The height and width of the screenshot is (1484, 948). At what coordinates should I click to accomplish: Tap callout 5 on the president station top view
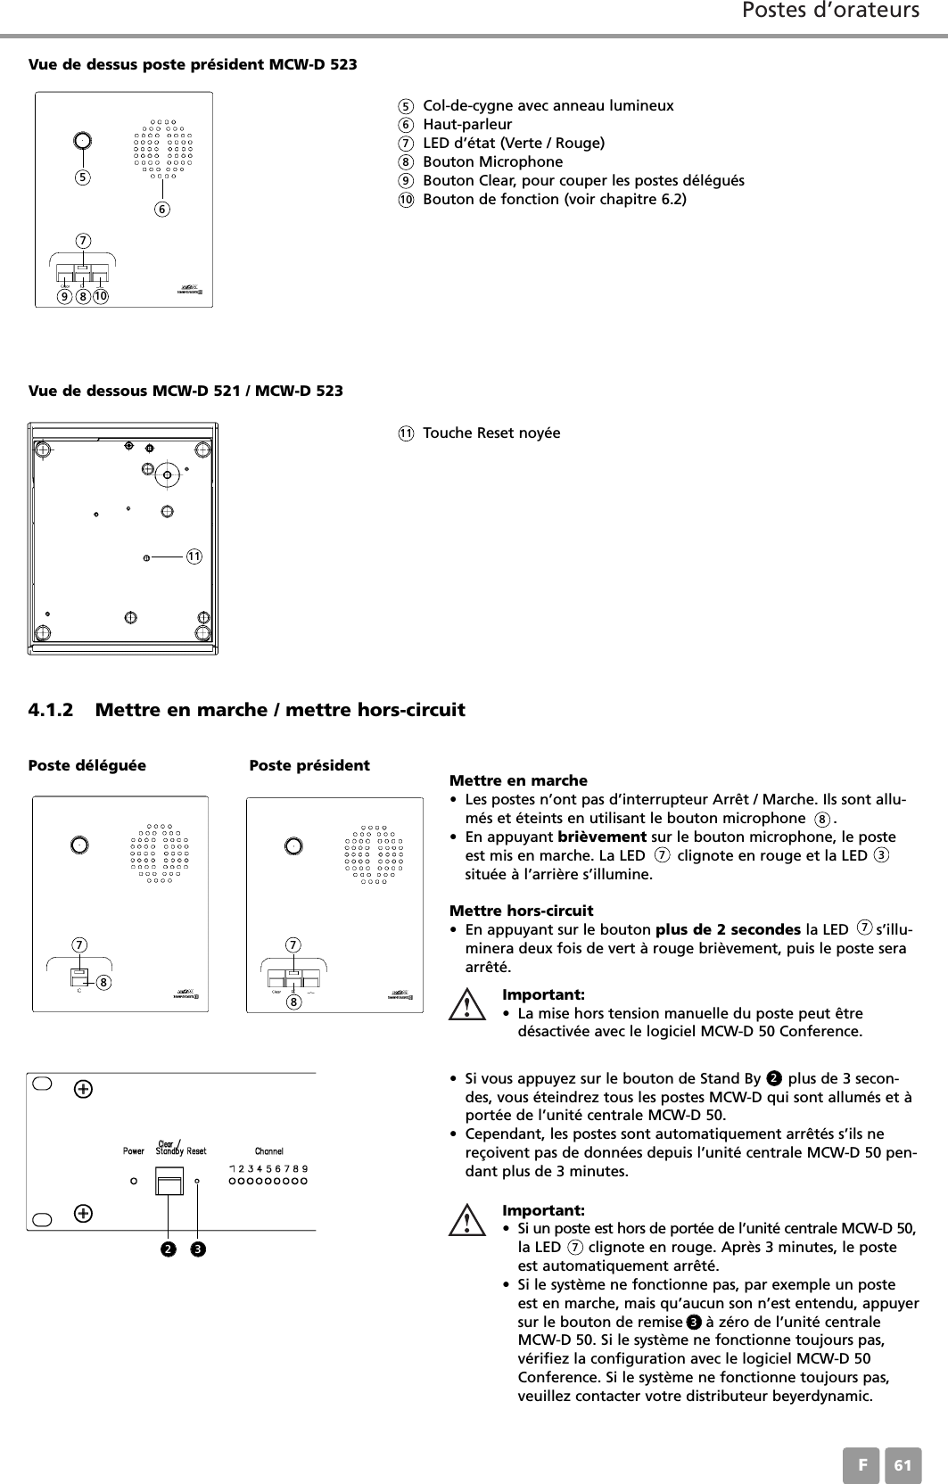click(x=82, y=177)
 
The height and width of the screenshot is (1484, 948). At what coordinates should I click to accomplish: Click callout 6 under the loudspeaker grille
click(x=162, y=209)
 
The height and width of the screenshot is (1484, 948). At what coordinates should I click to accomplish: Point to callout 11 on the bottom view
click(x=194, y=556)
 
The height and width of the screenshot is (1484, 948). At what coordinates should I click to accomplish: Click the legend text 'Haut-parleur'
click(x=466, y=125)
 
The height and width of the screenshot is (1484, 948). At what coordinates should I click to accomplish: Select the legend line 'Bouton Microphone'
click(x=492, y=162)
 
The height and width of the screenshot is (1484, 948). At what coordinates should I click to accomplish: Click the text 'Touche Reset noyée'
click(x=491, y=433)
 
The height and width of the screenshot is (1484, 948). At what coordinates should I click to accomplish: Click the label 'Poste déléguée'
click(x=87, y=765)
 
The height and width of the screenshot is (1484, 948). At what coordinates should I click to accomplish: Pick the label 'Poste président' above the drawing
click(x=309, y=765)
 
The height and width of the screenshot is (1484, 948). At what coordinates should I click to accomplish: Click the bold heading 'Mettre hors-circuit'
click(x=521, y=911)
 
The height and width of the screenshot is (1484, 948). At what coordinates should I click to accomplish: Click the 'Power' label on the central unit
click(x=133, y=1150)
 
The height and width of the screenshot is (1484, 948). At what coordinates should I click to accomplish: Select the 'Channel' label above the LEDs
click(x=268, y=1150)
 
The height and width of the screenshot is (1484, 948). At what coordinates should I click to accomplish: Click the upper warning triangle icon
click(x=466, y=1008)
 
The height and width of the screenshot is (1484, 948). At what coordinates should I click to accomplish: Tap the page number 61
click(x=903, y=1465)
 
